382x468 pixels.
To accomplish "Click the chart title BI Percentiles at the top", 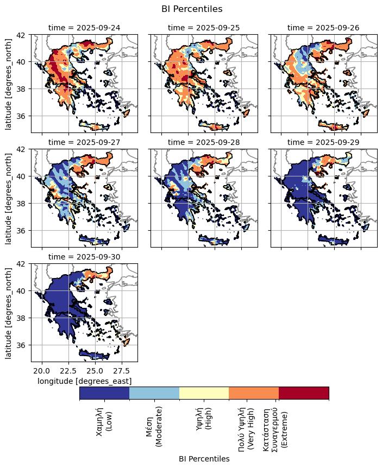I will tap(192, 9).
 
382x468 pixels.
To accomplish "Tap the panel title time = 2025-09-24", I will tap(84, 27).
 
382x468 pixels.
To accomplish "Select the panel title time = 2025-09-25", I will tap(204, 27).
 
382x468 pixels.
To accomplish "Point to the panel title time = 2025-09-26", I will tap(323, 27).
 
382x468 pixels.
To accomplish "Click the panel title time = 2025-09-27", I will tap(84, 142).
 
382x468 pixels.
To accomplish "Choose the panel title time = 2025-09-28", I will tap(204, 142).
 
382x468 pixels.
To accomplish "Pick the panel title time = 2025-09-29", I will tap(323, 142).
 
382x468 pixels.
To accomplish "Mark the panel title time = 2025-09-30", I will tap(84, 257).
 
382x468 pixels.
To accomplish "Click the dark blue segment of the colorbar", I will tap(104, 393).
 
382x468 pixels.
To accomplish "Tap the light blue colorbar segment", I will tap(154, 393).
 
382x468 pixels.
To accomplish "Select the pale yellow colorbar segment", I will tap(204, 393).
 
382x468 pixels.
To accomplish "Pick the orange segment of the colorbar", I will tap(254, 393).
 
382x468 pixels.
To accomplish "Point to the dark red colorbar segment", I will tap(304, 393).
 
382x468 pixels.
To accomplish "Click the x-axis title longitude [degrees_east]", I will tap(84, 381).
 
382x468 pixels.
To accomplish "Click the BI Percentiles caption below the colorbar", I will tap(204, 459).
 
